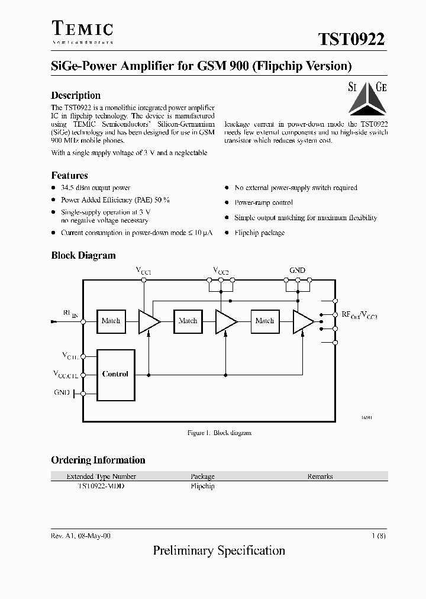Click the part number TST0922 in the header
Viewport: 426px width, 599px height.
point(351,39)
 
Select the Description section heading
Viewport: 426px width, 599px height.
point(76,95)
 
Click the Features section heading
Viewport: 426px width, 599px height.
point(69,175)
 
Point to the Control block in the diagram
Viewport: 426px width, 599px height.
point(115,374)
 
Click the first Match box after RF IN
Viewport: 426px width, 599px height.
point(111,321)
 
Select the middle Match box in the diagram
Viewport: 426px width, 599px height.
point(188,321)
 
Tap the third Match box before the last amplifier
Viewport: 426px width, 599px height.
point(264,321)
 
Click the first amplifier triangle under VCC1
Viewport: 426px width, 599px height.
point(148,321)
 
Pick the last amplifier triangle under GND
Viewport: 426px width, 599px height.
point(302,321)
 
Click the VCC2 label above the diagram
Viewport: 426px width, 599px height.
point(221,271)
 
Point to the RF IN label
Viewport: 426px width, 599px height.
point(70,314)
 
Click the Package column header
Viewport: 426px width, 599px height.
point(202,476)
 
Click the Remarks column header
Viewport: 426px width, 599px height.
point(320,476)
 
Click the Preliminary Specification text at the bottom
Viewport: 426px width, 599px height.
point(219,550)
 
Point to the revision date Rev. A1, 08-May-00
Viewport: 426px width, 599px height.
point(80,535)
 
